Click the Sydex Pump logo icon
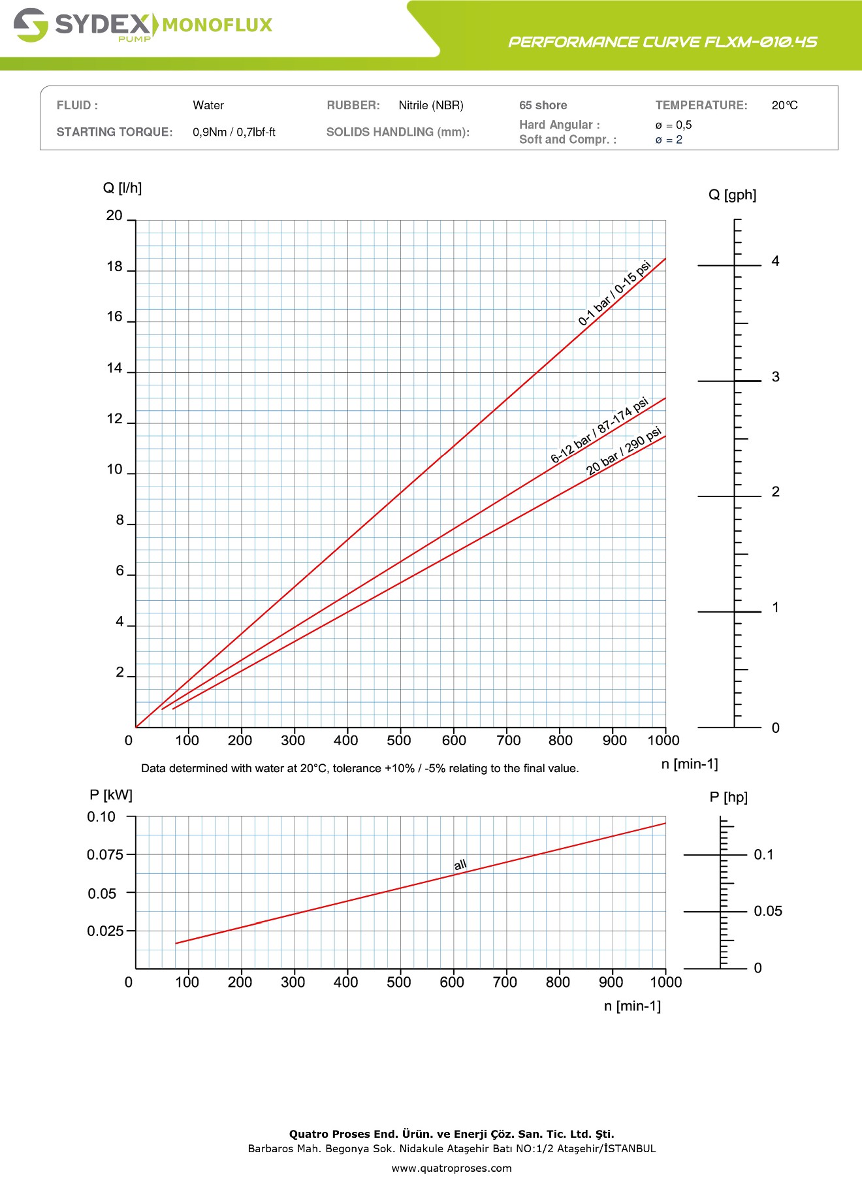tap(31, 25)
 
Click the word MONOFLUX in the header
tap(217, 25)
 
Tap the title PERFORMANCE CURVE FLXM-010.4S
tap(662, 42)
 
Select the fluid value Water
tap(208, 105)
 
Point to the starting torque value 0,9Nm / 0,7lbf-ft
tap(234, 132)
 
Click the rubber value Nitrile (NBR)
tap(431, 105)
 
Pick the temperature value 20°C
tap(784, 105)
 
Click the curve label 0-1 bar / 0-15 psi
tap(615, 293)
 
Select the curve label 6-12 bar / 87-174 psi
tap(599, 430)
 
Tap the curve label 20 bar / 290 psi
tap(624, 451)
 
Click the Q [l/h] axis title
tap(122, 188)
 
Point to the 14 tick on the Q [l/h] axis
tap(115, 368)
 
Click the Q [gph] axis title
tap(732, 195)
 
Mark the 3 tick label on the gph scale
tap(776, 377)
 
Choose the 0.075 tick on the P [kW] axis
tap(104, 854)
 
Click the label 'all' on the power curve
tap(460, 865)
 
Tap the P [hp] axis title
tap(728, 797)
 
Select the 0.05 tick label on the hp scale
tap(768, 911)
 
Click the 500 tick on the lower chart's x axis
tap(399, 982)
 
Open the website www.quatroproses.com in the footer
tap(451, 1168)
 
